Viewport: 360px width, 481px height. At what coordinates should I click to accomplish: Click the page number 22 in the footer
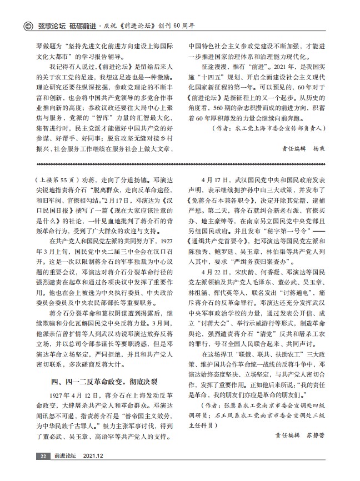point(43,471)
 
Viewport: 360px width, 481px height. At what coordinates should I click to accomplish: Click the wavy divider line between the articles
point(180,164)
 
